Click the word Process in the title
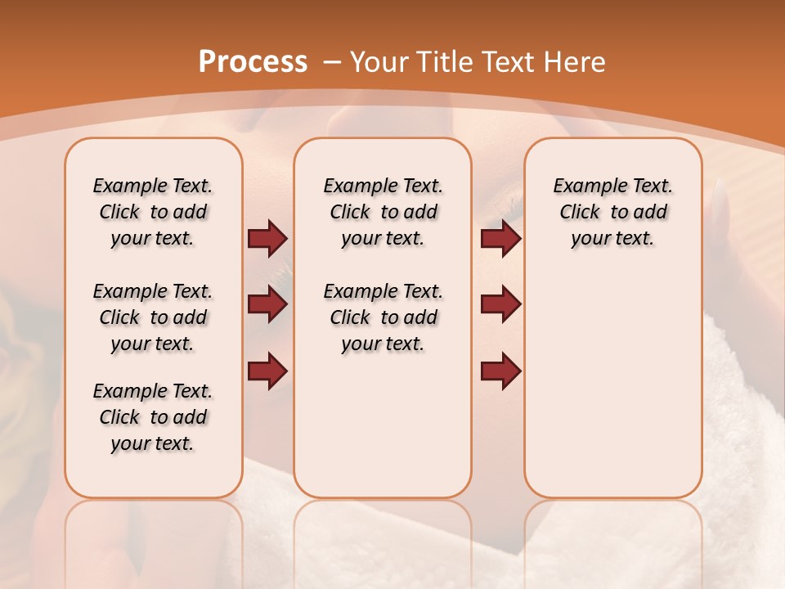253,61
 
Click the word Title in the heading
446,61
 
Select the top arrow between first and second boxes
267,238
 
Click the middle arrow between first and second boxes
267,304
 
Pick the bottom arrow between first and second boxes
267,371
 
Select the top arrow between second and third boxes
500,238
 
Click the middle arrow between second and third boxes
500,304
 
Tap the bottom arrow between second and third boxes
500,371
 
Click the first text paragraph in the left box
153,212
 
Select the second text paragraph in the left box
153,317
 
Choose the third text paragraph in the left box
153,417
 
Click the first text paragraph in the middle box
383,212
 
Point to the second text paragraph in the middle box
383,317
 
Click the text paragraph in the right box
612,212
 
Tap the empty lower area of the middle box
383,425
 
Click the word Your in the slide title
380,61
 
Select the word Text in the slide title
507,61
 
